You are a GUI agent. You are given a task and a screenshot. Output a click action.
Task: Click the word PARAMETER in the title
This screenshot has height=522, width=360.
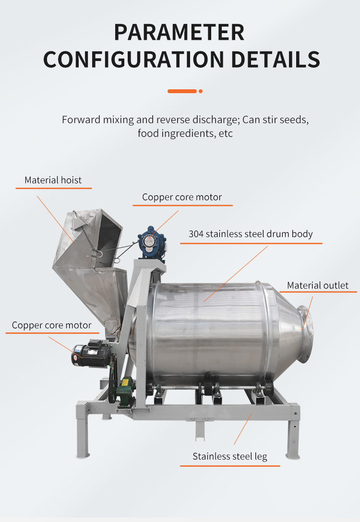(x=180, y=32)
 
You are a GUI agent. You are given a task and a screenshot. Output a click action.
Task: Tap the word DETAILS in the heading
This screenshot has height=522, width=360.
(x=276, y=60)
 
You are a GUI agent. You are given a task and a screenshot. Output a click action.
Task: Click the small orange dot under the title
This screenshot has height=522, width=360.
(x=201, y=91)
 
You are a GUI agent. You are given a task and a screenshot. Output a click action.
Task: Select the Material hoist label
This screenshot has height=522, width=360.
(x=53, y=180)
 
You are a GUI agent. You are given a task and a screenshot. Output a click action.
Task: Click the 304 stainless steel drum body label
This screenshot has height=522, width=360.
(x=251, y=234)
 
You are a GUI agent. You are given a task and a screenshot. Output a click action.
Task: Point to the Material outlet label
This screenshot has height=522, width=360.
(x=318, y=286)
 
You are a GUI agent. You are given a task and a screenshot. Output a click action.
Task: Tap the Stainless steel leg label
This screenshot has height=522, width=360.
(x=230, y=456)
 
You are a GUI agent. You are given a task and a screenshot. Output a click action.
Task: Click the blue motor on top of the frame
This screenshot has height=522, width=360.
(x=152, y=243)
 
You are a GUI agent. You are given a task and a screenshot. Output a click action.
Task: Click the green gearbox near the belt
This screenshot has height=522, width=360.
(x=125, y=391)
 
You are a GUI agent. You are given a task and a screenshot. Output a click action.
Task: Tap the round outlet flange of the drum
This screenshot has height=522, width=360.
(x=305, y=334)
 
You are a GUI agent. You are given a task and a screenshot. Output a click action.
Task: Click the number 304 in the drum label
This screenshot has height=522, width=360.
(x=196, y=234)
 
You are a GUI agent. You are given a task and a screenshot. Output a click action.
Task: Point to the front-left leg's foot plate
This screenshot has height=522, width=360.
(x=83, y=456)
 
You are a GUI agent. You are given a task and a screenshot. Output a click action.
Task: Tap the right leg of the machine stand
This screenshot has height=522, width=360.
(x=293, y=432)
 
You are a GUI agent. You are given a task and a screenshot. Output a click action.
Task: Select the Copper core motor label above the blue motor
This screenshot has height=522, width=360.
(x=182, y=197)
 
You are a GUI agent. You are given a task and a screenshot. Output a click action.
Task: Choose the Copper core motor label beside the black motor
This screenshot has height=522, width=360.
(x=51, y=325)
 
